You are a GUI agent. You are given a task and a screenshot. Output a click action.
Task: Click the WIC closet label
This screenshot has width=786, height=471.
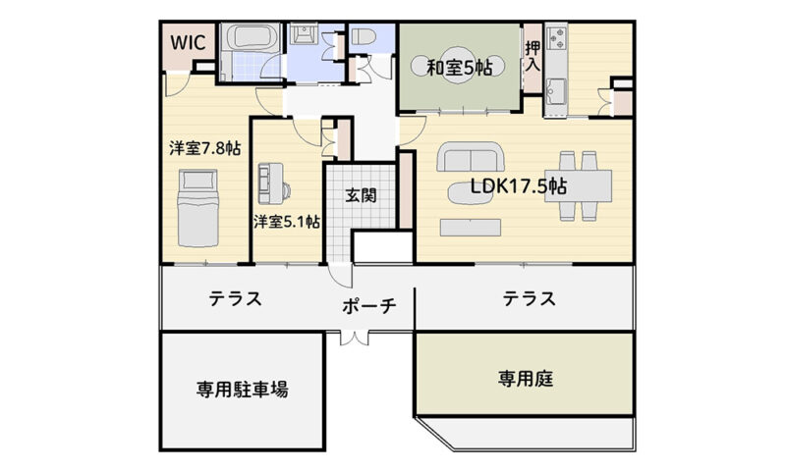pyautogui.click(x=188, y=42)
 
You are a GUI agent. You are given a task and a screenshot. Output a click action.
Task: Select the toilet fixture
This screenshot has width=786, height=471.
pyautogui.click(x=362, y=36)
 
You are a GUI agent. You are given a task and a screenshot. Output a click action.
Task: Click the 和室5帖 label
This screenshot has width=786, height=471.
pyautogui.click(x=459, y=67)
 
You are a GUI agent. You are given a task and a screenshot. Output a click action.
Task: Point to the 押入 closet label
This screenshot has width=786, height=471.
pyautogui.click(x=533, y=56)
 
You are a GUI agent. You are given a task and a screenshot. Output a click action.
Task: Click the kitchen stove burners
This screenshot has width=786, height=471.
pyautogui.click(x=556, y=37)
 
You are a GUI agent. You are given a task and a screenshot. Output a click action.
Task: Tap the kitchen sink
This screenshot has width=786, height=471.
pyautogui.click(x=556, y=90)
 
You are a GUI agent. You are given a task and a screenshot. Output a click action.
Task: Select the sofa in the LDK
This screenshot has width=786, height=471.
pyautogui.click(x=471, y=157)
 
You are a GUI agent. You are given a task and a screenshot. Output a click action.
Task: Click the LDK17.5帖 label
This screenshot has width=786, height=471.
pyautogui.click(x=519, y=186)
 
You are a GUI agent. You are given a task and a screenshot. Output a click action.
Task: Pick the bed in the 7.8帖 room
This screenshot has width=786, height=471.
pyautogui.click(x=198, y=208)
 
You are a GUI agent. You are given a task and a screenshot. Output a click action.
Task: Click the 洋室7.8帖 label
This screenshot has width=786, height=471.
pyautogui.click(x=204, y=148)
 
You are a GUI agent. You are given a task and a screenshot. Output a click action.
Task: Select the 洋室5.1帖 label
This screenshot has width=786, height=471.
pyautogui.click(x=286, y=221)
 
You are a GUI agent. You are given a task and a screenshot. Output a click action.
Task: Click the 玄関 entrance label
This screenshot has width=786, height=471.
pyautogui.click(x=361, y=195)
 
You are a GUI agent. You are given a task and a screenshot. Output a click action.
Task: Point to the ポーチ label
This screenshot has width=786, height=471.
pyautogui.click(x=369, y=305)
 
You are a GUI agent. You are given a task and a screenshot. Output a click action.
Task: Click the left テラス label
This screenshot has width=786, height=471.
pyautogui.click(x=235, y=299)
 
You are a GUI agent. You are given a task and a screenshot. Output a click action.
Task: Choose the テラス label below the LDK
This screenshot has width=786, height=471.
pyautogui.click(x=530, y=299)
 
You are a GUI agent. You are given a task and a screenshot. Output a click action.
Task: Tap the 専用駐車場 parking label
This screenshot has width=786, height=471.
pyautogui.click(x=242, y=389)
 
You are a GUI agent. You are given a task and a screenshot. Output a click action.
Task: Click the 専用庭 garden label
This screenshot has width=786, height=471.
pyautogui.click(x=526, y=379)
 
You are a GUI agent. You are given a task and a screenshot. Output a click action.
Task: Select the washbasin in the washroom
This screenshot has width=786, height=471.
pyautogui.click(x=304, y=34)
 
